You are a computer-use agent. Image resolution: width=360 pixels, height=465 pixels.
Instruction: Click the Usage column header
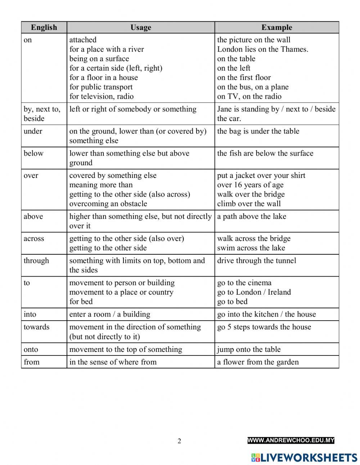click(x=140, y=27)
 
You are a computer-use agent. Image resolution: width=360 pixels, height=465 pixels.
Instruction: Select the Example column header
click(x=276, y=27)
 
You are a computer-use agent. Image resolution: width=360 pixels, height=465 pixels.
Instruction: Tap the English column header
click(x=44, y=27)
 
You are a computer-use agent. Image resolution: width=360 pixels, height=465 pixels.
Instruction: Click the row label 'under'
click(x=33, y=131)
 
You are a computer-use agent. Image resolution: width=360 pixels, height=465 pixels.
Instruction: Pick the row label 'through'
click(x=36, y=260)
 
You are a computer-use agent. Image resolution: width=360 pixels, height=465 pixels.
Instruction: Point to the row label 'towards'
click(x=36, y=327)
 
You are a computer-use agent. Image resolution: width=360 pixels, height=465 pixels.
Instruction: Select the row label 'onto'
click(x=31, y=349)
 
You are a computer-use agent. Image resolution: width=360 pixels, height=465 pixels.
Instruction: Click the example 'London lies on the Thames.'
click(x=262, y=49)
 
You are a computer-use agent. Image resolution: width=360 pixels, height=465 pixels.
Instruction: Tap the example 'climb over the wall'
click(x=249, y=204)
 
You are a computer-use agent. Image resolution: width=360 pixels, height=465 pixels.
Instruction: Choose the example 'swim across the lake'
click(x=251, y=248)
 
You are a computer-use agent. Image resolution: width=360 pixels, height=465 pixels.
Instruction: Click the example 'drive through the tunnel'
click(x=256, y=260)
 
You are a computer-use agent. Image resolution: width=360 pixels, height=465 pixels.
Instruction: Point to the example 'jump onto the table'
click(x=249, y=349)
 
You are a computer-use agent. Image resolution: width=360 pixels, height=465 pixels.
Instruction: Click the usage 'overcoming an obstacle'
click(x=108, y=204)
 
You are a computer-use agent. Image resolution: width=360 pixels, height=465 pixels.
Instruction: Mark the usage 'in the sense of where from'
click(x=113, y=362)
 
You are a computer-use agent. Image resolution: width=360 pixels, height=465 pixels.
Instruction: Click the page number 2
click(x=179, y=441)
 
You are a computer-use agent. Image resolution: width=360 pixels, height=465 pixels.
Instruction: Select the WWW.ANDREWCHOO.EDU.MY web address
click(x=291, y=440)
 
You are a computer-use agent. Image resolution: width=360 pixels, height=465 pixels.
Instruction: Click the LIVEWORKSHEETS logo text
click(x=304, y=457)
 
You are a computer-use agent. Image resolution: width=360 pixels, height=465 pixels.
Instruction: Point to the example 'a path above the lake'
click(x=251, y=216)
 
